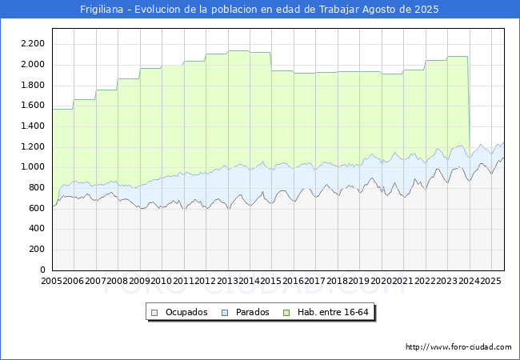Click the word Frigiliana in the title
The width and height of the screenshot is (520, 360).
[102, 10]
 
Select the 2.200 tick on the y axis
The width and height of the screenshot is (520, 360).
[33, 44]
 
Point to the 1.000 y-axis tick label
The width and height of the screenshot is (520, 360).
[33, 166]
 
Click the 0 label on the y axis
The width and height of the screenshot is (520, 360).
[42, 270]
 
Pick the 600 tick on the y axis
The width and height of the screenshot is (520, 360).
[37, 208]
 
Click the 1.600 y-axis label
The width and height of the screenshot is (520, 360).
[33, 105]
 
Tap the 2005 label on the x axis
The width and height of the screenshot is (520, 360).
[51, 281]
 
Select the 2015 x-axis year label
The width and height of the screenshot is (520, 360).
[270, 281]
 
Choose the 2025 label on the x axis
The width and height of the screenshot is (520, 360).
[490, 281]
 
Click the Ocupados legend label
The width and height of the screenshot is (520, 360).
[186, 312]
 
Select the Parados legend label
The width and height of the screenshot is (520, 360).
[252, 312]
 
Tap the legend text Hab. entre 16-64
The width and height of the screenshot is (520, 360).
[333, 312]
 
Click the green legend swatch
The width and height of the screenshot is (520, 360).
[286, 313]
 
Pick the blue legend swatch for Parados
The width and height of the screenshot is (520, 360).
[225, 313]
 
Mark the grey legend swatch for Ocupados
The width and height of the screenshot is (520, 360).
[154, 313]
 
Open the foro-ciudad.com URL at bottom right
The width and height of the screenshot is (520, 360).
[458, 347]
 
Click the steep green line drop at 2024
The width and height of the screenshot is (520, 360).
[469, 106]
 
